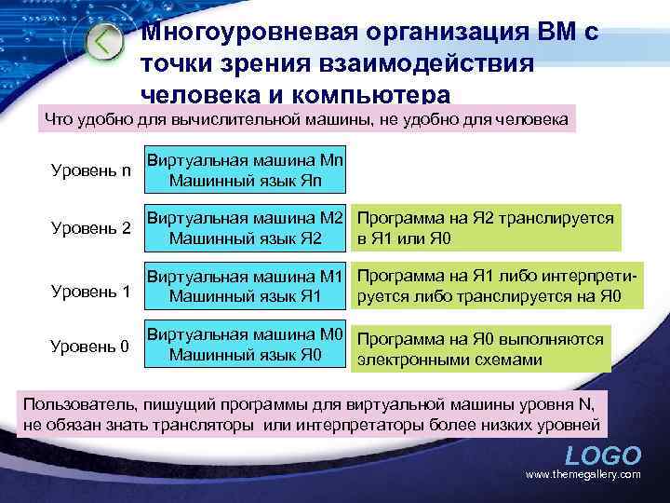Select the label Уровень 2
coord(89,227)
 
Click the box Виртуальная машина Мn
coord(246,169)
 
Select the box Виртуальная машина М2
coord(246,227)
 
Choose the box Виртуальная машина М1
coord(246,287)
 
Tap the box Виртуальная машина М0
coord(246,345)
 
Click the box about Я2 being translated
coord(486,227)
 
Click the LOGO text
coord(603,456)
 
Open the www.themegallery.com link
coord(583,475)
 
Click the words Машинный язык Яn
coord(246,179)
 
